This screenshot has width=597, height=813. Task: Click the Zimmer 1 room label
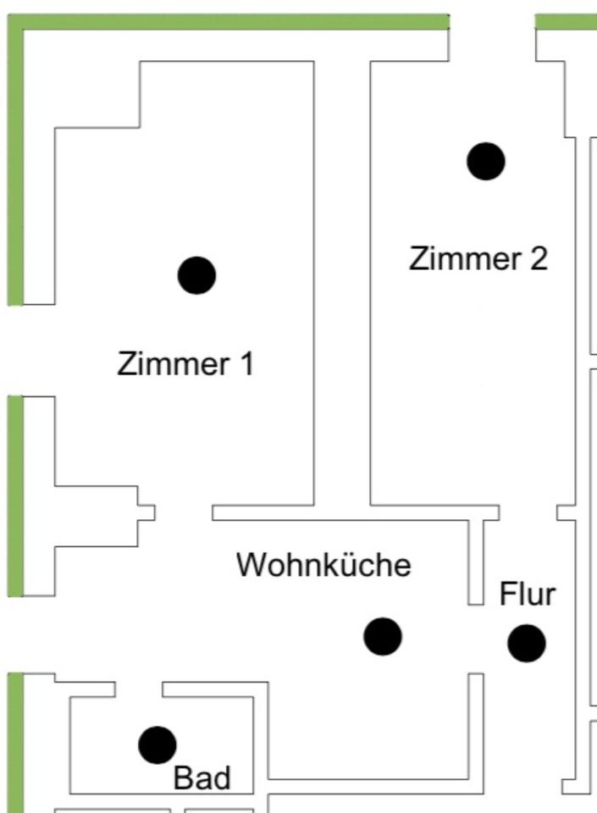click(x=185, y=364)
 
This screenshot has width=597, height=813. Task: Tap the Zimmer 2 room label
click(x=478, y=258)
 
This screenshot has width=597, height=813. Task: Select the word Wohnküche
click(x=323, y=565)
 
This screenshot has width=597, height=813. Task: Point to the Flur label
click(x=528, y=595)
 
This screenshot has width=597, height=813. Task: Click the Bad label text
click(x=202, y=778)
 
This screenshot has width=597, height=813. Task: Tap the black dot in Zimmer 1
click(x=197, y=275)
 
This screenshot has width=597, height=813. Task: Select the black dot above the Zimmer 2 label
click(x=486, y=161)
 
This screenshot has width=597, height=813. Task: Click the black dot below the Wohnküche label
click(x=383, y=636)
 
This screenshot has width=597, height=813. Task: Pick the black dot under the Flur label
click(x=527, y=644)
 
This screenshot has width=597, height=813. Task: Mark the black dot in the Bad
click(x=158, y=744)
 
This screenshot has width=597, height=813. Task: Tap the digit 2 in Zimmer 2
click(x=539, y=258)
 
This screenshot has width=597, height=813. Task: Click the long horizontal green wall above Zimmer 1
click(x=229, y=21)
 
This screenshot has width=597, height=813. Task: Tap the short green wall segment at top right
click(x=566, y=21)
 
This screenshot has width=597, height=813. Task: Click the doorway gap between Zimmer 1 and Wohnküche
click(x=184, y=512)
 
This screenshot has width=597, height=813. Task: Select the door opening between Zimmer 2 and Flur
click(x=528, y=512)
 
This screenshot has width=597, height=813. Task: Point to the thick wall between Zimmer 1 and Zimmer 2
click(x=342, y=279)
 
